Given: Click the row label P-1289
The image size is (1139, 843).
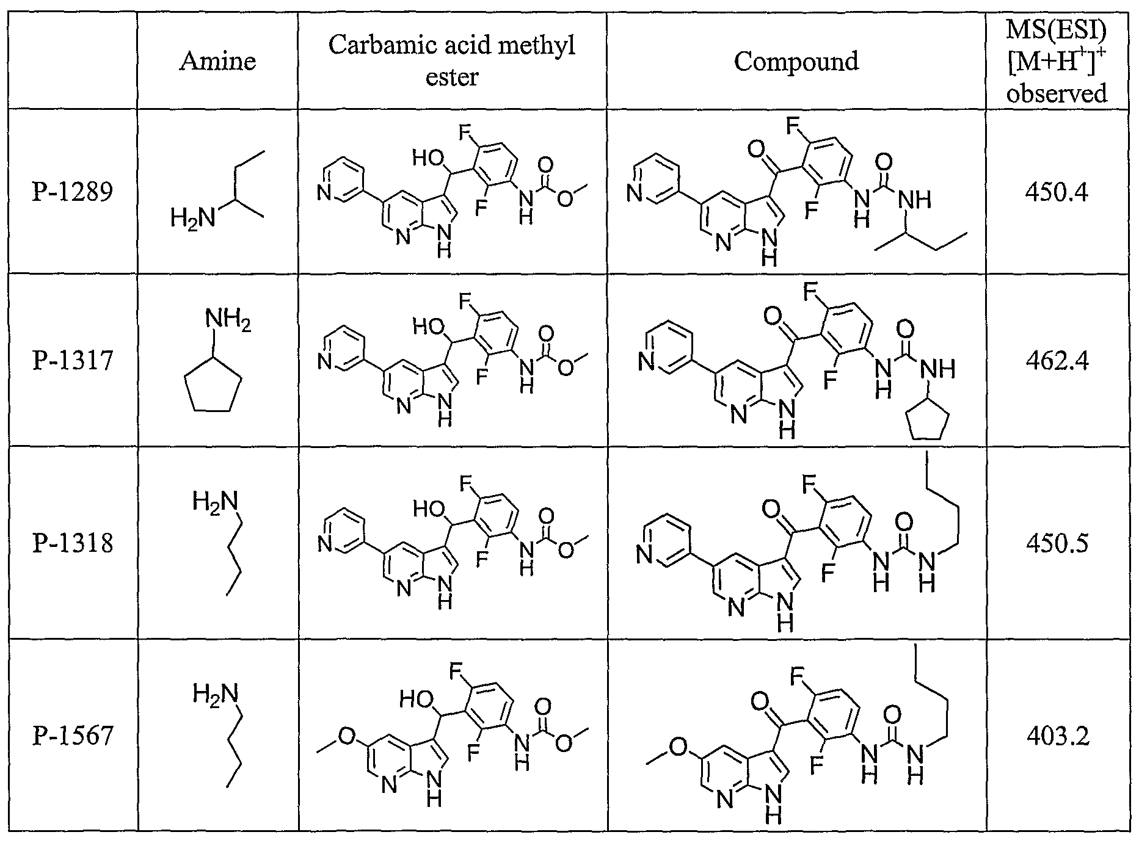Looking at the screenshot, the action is point(73,192).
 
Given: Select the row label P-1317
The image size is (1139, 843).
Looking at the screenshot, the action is point(73,360).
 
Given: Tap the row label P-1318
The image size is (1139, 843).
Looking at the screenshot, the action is point(73,542).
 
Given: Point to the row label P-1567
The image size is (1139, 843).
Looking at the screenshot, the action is point(73,735).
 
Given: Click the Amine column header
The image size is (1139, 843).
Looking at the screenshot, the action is point(217,61).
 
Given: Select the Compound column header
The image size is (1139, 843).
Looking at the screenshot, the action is point(796,61).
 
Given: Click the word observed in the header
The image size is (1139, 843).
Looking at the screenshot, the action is point(1057,93).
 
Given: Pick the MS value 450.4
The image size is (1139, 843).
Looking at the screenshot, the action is point(1057,192).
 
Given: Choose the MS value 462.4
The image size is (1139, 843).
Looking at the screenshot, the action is point(1057,360).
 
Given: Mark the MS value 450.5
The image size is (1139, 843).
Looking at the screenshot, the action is point(1057,542).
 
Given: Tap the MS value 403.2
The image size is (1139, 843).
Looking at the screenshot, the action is point(1057,735).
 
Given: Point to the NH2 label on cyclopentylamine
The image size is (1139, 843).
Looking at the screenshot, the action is point(228,319).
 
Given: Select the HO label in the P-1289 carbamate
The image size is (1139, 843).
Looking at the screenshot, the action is point(428,158).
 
